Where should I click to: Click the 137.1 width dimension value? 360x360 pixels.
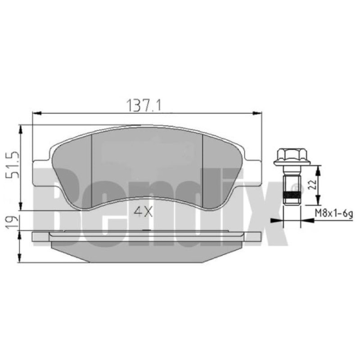[144, 105]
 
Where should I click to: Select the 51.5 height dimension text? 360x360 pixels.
[13, 165]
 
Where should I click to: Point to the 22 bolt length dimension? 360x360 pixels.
[312, 184]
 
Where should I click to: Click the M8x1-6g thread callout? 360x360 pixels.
[334, 214]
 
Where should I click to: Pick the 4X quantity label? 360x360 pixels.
[143, 212]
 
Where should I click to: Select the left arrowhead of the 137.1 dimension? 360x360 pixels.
[37, 113]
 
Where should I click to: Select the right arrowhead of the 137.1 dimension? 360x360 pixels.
[257, 113]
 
